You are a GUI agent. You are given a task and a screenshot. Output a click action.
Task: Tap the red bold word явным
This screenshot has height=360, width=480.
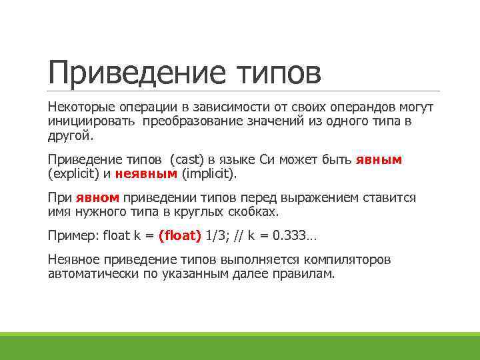[379, 160]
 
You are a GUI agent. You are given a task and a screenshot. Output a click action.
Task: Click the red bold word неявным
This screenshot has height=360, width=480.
[146, 174]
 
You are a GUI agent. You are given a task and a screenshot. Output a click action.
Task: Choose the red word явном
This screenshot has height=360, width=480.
[97, 198]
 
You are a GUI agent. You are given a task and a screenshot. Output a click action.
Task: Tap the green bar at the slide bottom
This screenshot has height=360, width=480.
[240, 345]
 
